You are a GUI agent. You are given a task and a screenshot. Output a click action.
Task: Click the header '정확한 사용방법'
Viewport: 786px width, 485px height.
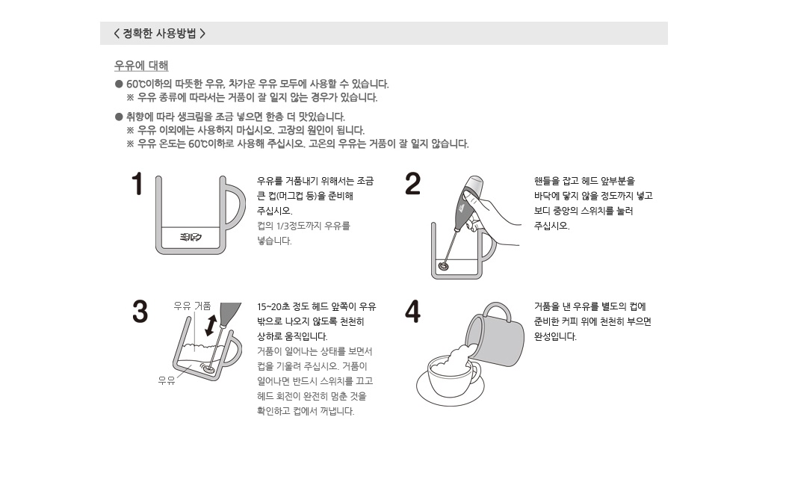pyautogui.click(x=159, y=34)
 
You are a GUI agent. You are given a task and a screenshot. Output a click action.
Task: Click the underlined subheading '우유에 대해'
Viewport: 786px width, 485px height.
pyautogui.click(x=141, y=66)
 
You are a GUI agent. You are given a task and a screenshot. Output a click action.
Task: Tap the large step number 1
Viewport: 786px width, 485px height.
pyautogui.click(x=137, y=184)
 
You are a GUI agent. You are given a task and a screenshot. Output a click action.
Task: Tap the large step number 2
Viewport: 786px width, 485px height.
pyautogui.click(x=412, y=184)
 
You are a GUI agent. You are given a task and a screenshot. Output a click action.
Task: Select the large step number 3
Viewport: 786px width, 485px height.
pyautogui.click(x=140, y=312)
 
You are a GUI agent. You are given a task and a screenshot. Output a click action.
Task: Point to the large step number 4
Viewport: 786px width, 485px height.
pyautogui.click(x=412, y=312)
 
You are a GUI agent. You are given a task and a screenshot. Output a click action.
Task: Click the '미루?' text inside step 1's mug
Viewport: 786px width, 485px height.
pyautogui.click(x=191, y=237)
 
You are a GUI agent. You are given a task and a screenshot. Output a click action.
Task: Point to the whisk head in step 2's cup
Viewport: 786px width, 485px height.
pyautogui.click(x=443, y=265)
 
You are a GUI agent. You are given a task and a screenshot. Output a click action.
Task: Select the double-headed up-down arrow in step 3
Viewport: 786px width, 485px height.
pyautogui.click(x=211, y=324)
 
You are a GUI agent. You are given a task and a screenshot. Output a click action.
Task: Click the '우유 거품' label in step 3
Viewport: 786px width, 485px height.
pyautogui.click(x=192, y=306)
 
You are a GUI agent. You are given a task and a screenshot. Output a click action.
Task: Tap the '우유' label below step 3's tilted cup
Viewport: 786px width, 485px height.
pyautogui.click(x=167, y=380)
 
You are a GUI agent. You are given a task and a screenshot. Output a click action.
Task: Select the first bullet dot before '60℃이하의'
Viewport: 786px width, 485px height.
pyautogui.click(x=119, y=84)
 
